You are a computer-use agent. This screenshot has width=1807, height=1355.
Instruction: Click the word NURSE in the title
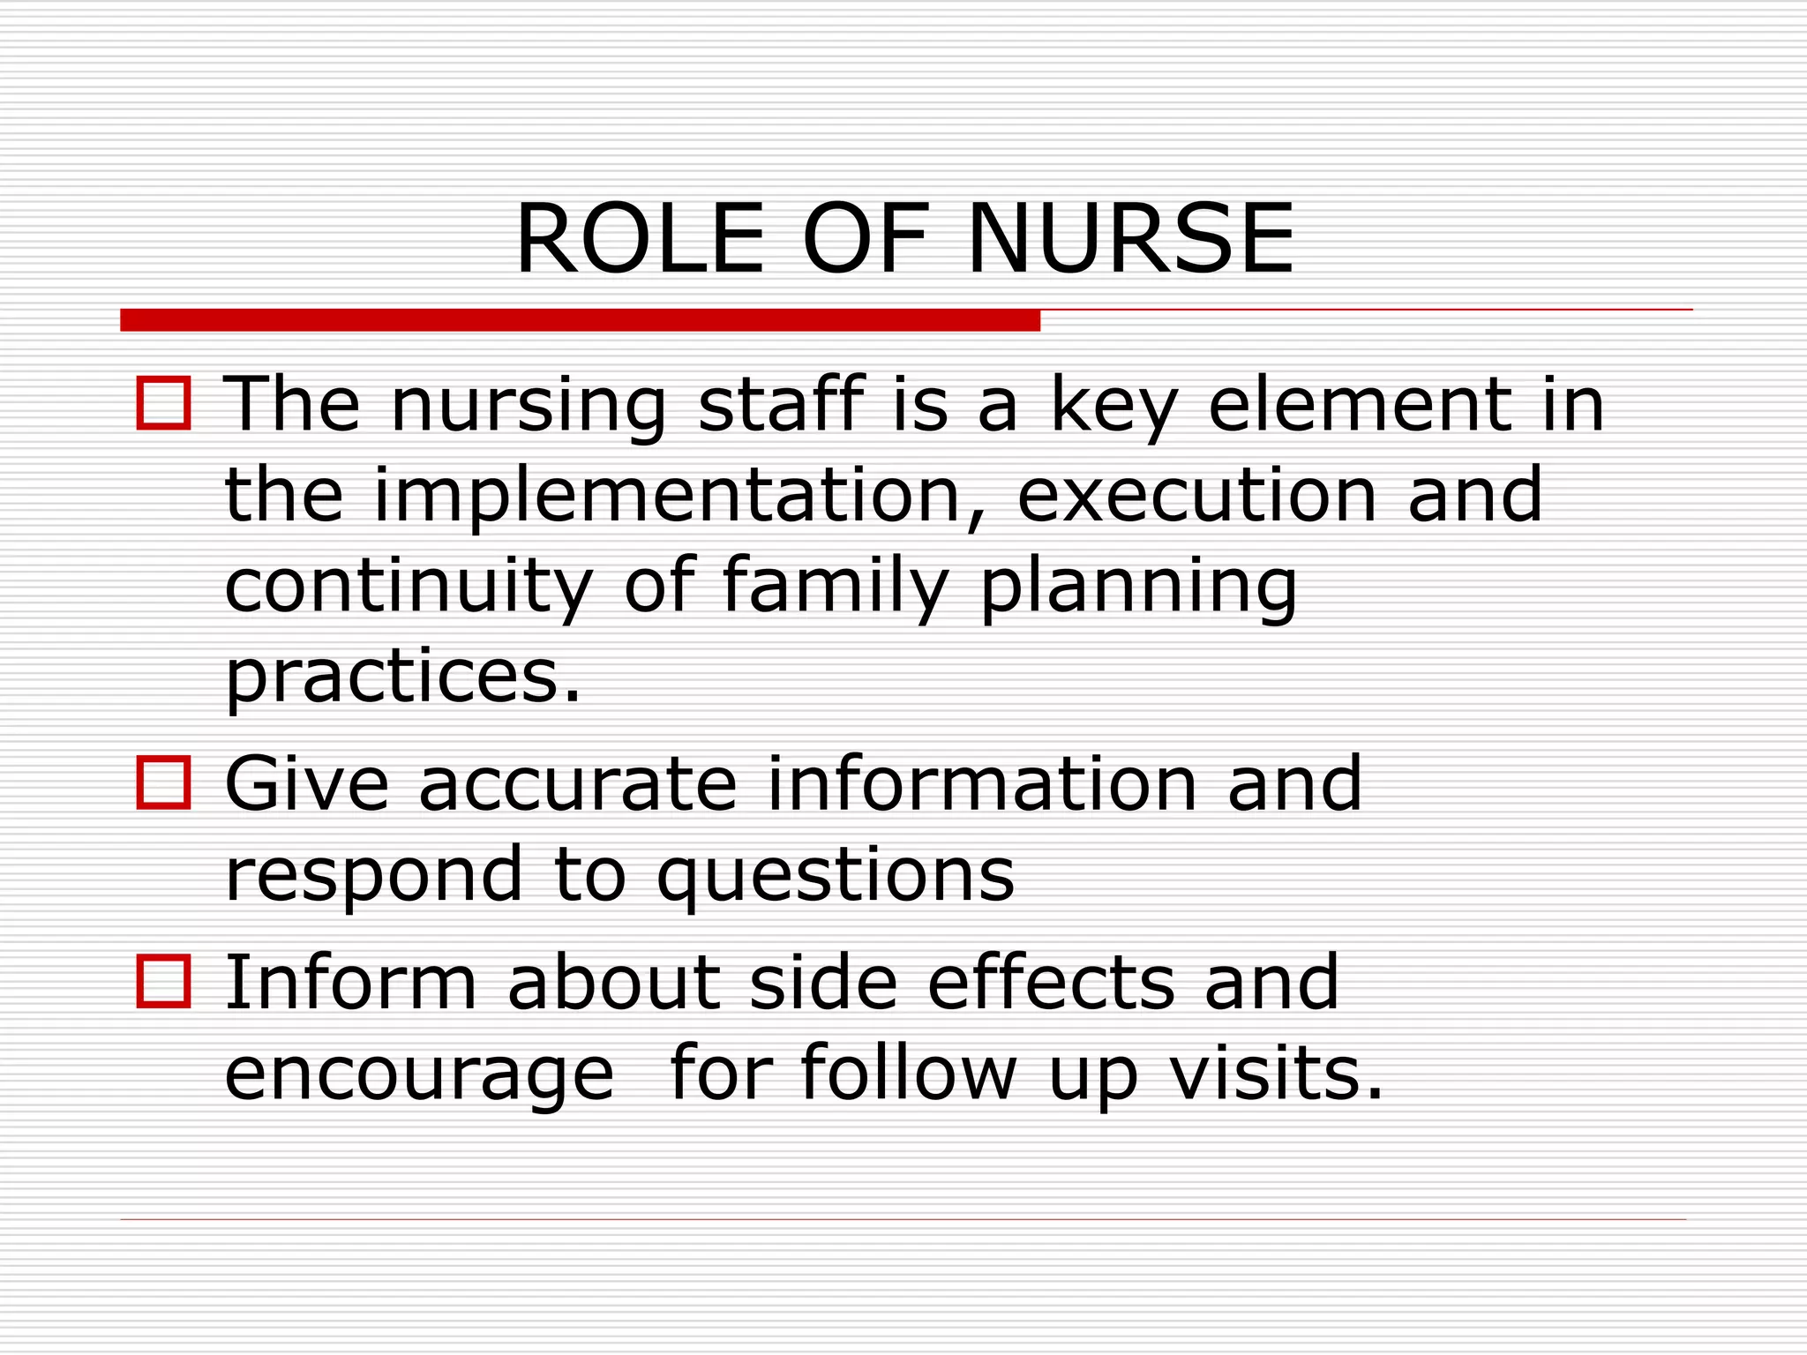pyautogui.click(x=1130, y=239)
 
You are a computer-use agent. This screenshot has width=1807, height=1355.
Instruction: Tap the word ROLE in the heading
pyautogui.click(x=640, y=239)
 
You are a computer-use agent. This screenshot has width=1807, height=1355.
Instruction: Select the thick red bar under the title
pyautogui.click(x=580, y=320)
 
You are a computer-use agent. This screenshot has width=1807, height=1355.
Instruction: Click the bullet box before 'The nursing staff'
pyautogui.click(x=164, y=403)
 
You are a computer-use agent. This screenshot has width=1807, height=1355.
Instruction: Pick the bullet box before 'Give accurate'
pyautogui.click(x=164, y=782)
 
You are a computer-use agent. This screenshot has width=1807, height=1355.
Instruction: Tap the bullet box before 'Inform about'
pyautogui.click(x=164, y=981)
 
